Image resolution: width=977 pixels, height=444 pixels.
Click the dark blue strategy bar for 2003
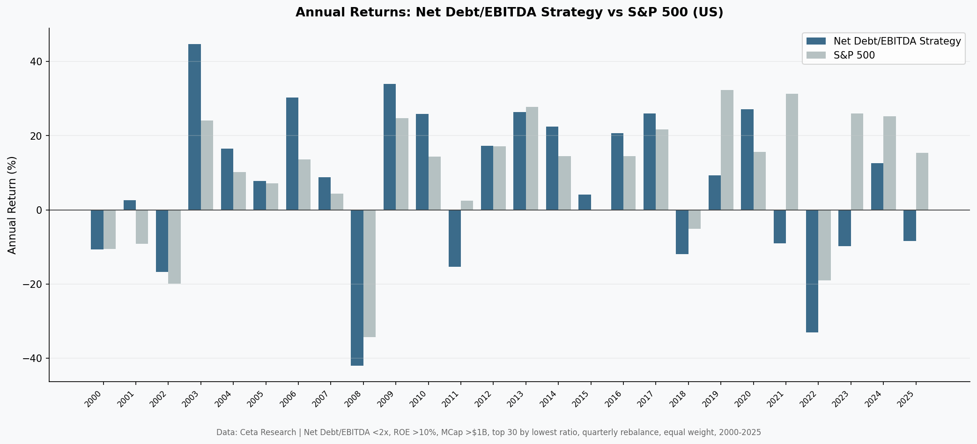194,127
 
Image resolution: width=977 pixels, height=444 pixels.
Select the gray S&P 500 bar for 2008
370,273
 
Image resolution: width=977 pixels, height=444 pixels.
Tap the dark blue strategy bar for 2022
812,271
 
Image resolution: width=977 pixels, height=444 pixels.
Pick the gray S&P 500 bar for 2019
727,150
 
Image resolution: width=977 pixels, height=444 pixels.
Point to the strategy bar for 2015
585,202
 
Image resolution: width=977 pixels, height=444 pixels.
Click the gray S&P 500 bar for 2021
792,152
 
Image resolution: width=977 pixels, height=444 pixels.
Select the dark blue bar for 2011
454,238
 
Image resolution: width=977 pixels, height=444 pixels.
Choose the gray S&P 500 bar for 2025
922,181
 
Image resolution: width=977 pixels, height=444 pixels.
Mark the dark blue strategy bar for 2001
130,205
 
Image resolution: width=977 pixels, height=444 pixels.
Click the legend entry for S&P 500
854,55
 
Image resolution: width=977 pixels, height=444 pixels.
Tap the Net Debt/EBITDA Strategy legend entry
896,41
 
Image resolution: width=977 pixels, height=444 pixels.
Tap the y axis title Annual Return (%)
12,205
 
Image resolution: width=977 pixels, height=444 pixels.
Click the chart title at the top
509,12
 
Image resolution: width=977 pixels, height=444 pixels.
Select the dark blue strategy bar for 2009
390,147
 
